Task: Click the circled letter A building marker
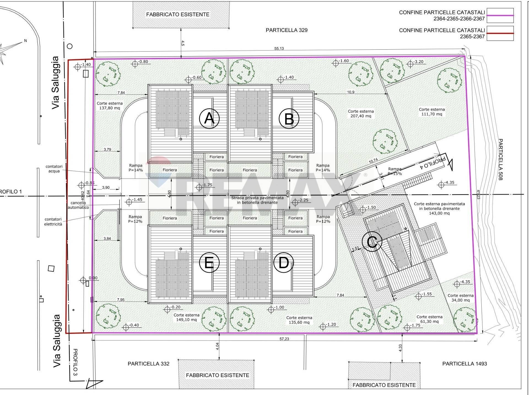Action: click(x=209, y=119)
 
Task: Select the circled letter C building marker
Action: click(x=372, y=242)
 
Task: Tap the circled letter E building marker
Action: click(x=209, y=262)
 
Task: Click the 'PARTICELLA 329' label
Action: click(x=287, y=30)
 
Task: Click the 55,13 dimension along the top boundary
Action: click(x=279, y=49)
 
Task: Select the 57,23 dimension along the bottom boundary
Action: click(x=284, y=339)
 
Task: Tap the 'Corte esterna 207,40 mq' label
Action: click(x=361, y=114)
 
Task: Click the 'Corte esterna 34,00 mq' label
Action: click(x=460, y=298)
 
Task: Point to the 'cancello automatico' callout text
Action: click(x=78, y=205)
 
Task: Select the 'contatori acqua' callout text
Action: click(x=54, y=169)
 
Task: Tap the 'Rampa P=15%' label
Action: click(x=395, y=171)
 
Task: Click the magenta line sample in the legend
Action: click(x=500, y=16)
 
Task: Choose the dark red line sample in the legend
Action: click(x=500, y=33)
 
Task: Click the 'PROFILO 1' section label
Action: click(x=10, y=192)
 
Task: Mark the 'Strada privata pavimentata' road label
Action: click(x=257, y=198)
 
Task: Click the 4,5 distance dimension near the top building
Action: click(x=183, y=43)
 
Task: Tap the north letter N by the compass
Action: click(x=26, y=41)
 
